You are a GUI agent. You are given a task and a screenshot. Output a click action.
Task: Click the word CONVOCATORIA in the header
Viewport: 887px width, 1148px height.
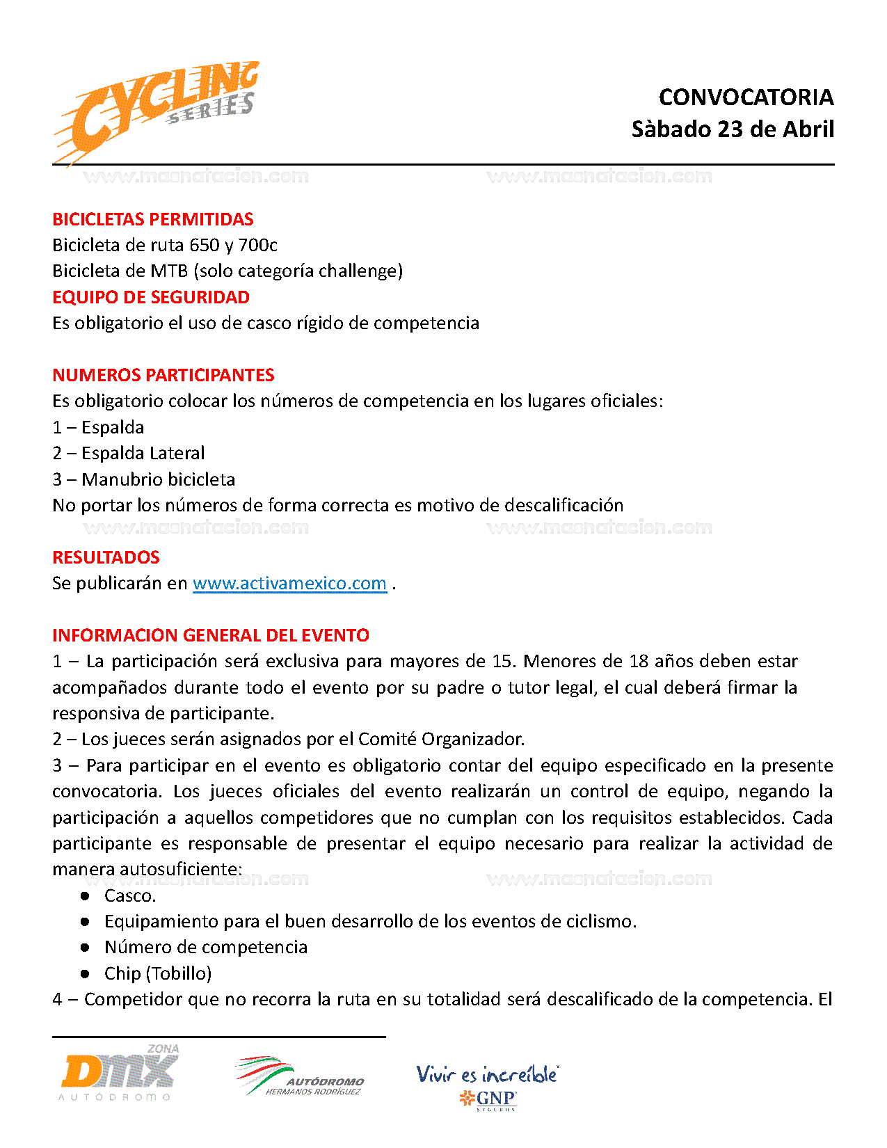746,97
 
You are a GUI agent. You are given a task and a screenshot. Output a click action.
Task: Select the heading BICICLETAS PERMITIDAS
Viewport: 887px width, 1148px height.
153,219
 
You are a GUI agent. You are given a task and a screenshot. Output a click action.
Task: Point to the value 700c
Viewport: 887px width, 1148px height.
257,245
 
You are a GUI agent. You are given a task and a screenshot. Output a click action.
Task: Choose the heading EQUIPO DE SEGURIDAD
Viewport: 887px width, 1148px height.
151,297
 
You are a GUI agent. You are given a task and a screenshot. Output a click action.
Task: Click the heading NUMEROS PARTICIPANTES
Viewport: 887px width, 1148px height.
163,375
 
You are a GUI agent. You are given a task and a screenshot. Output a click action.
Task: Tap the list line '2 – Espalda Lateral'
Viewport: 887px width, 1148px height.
129,453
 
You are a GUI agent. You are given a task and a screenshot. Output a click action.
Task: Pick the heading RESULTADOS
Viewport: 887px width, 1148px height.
106,557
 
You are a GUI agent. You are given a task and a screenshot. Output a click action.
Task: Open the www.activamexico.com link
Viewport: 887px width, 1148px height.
289,583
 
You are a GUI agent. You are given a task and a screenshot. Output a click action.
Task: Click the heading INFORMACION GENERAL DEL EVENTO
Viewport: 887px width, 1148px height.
211,635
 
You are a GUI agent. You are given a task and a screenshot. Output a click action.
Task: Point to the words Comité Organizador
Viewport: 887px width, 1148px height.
441,739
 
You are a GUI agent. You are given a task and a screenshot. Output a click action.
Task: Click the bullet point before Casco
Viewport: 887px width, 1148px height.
85,895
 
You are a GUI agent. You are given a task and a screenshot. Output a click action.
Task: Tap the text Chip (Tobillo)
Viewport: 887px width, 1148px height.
157,973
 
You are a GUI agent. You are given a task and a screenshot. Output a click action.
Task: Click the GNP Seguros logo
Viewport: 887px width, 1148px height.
488,1086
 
